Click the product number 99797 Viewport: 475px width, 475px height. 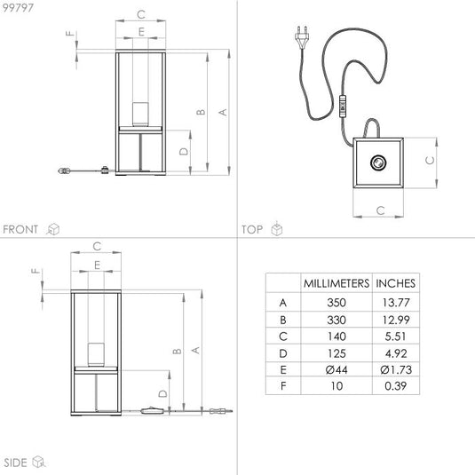pos(18,8)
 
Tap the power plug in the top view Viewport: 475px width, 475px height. pos(303,37)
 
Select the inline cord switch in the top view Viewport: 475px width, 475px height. pos(343,106)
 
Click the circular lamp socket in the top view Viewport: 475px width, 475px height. pos(378,162)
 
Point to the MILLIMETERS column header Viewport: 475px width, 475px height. pos(336,283)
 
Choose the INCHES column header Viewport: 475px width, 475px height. pos(395,283)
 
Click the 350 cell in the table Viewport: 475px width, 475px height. pos(336,303)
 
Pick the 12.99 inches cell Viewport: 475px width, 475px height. pos(396,320)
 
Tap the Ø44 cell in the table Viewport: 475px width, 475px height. pos(336,370)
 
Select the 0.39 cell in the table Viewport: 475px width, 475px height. pos(395,386)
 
